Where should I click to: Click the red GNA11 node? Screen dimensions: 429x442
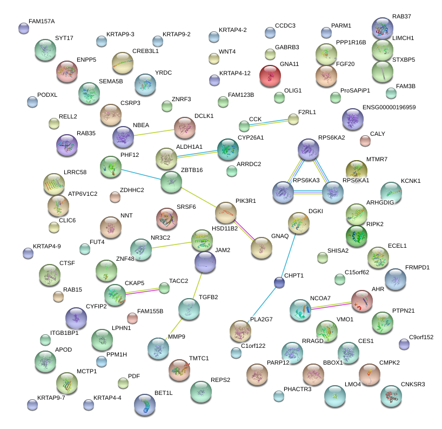[270, 75]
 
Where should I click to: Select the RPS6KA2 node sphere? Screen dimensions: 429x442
[309, 149]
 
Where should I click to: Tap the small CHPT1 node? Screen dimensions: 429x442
[279, 282]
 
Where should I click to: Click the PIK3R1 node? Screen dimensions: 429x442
[226, 212]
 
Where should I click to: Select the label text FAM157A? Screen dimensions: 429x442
[42, 22]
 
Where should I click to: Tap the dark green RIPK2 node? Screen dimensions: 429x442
[356, 236]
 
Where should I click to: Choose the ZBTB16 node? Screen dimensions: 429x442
[171, 182]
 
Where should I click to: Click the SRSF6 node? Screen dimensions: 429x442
[166, 217]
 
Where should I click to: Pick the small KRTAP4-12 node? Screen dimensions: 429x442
[214, 80]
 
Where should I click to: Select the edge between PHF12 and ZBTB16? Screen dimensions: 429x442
[141, 174]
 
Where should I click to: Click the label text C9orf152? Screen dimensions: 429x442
[421, 338]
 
